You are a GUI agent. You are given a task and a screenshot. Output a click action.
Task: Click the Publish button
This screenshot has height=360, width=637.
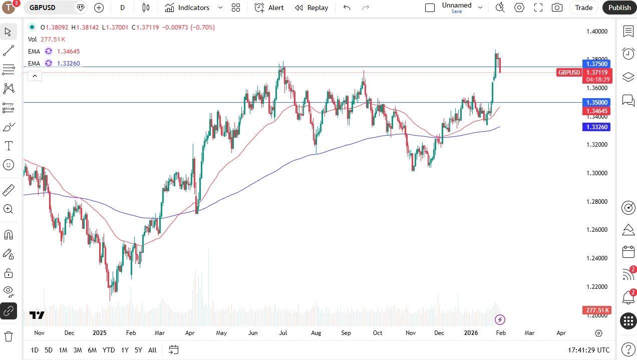click(619, 8)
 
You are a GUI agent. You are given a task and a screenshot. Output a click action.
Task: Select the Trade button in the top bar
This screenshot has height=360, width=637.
click(583, 8)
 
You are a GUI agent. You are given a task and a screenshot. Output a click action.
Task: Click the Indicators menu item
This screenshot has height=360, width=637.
click(188, 8)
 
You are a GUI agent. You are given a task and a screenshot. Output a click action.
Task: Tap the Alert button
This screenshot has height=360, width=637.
click(270, 8)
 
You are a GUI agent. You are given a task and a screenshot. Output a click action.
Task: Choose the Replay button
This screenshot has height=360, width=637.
click(312, 8)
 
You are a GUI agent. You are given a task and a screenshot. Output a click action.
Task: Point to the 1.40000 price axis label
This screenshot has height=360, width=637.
click(596, 31)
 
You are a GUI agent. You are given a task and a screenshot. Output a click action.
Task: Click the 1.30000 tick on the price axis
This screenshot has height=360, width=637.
click(596, 173)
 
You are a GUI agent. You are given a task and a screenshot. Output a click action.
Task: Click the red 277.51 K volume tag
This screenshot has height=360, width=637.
click(596, 310)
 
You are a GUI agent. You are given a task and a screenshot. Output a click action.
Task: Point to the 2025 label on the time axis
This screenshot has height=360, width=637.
click(100, 332)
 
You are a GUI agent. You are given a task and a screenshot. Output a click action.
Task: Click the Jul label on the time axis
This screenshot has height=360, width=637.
click(283, 332)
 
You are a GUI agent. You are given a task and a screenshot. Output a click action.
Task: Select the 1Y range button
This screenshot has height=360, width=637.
click(125, 350)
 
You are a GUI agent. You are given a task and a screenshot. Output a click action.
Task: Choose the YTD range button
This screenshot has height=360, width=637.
click(108, 350)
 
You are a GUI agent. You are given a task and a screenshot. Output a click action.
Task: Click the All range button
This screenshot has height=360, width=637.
click(152, 350)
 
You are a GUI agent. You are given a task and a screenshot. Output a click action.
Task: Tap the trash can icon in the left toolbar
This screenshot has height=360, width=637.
click(9, 336)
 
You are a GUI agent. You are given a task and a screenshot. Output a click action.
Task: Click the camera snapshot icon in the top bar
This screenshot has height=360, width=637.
click(556, 8)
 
